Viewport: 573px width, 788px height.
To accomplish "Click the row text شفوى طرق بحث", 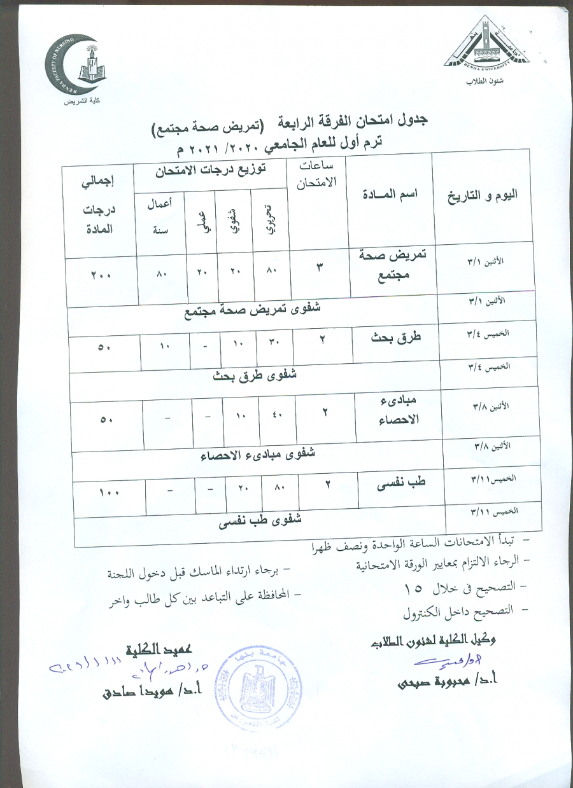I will [255, 375].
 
